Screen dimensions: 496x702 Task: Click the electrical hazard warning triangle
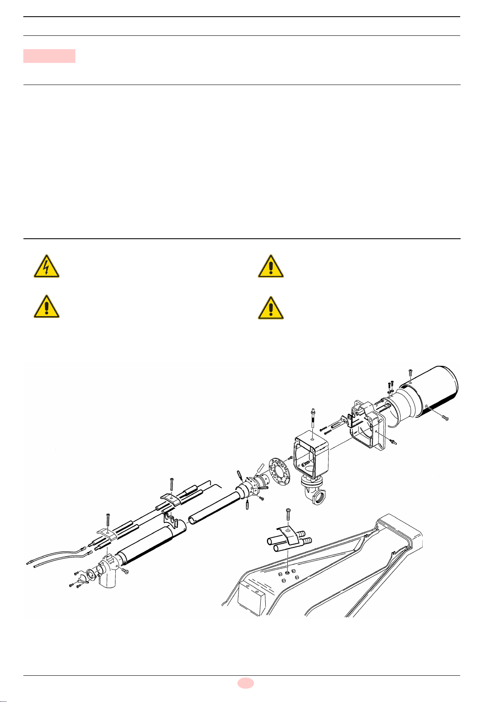(x=47, y=267)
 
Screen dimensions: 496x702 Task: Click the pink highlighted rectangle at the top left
(x=49, y=56)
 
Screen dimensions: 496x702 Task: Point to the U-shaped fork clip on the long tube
(x=169, y=519)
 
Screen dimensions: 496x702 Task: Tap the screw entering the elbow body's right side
(x=124, y=571)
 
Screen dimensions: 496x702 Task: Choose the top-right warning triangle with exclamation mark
(x=271, y=267)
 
